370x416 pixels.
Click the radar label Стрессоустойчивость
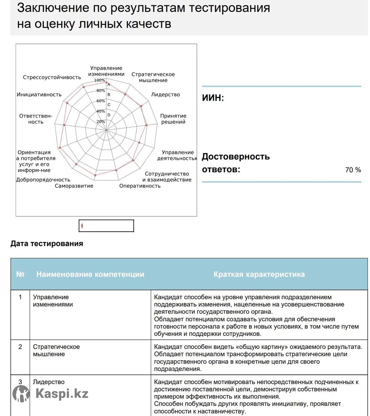click(x=52, y=77)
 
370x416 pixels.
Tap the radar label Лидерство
click(x=165, y=95)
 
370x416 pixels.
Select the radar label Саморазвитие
click(x=74, y=186)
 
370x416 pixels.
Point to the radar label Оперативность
click(x=140, y=186)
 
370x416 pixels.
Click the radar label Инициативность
click(x=39, y=95)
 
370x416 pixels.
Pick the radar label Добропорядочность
click(x=43, y=180)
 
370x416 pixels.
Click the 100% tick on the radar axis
click(x=100, y=80)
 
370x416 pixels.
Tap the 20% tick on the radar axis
click(x=101, y=122)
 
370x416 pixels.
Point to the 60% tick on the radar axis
click(x=101, y=101)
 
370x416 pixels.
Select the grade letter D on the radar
click(x=109, y=115)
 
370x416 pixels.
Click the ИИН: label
click(x=213, y=98)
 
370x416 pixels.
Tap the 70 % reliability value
click(x=353, y=170)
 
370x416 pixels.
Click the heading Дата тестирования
click(x=47, y=243)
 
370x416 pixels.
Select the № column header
click(x=20, y=274)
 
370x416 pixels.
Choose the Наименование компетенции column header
click(x=90, y=274)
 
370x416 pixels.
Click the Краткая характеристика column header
click(x=259, y=274)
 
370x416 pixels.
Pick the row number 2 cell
click(x=20, y=347)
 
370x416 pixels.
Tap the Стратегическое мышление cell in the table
click(x=56, y=350)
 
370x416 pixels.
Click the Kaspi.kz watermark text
click(x=62, y=394)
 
